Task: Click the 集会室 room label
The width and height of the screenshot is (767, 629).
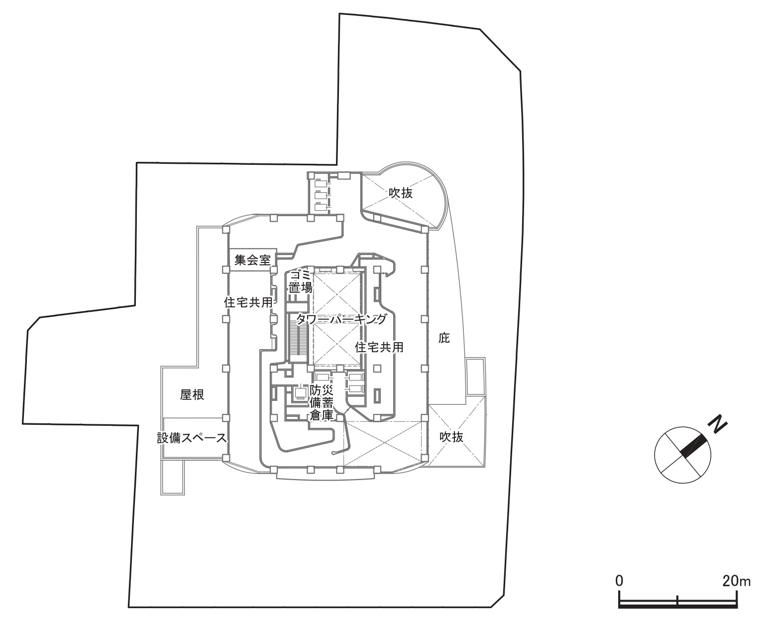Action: [x=253, y=260]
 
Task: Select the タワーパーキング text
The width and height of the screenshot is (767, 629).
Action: [x=341, y=320]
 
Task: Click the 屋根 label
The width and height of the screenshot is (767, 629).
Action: [x=192, y=395]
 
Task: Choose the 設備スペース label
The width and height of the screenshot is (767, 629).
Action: [x=192, y=438]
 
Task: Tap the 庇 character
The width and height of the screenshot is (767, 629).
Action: [x=444, y=339]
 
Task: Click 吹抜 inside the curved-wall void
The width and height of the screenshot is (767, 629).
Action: [x=401, y=193]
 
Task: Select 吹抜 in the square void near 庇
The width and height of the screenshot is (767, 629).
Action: [x=451, y=437]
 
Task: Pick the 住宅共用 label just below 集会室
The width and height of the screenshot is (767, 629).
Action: [x=248, y=302]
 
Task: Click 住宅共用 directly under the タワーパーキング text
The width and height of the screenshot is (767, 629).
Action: [x=379, y=347]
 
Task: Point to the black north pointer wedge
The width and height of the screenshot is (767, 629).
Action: [x=693, y=445]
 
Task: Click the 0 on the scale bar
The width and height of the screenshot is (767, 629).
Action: [x=619, y=581]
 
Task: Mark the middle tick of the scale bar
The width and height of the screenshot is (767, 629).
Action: [x=677, y=600]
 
